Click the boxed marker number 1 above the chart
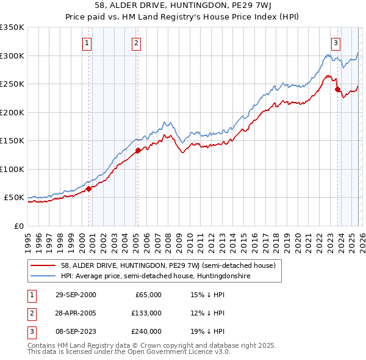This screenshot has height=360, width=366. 88,43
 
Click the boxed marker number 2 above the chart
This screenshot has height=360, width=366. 135,43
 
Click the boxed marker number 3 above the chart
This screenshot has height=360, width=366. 336,43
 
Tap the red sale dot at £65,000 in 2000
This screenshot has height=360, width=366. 89,189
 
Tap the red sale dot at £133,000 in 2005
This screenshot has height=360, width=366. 138,150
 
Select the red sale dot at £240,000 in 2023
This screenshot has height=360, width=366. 337,89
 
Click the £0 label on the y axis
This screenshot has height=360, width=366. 18,226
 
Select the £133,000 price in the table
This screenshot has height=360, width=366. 146,313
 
